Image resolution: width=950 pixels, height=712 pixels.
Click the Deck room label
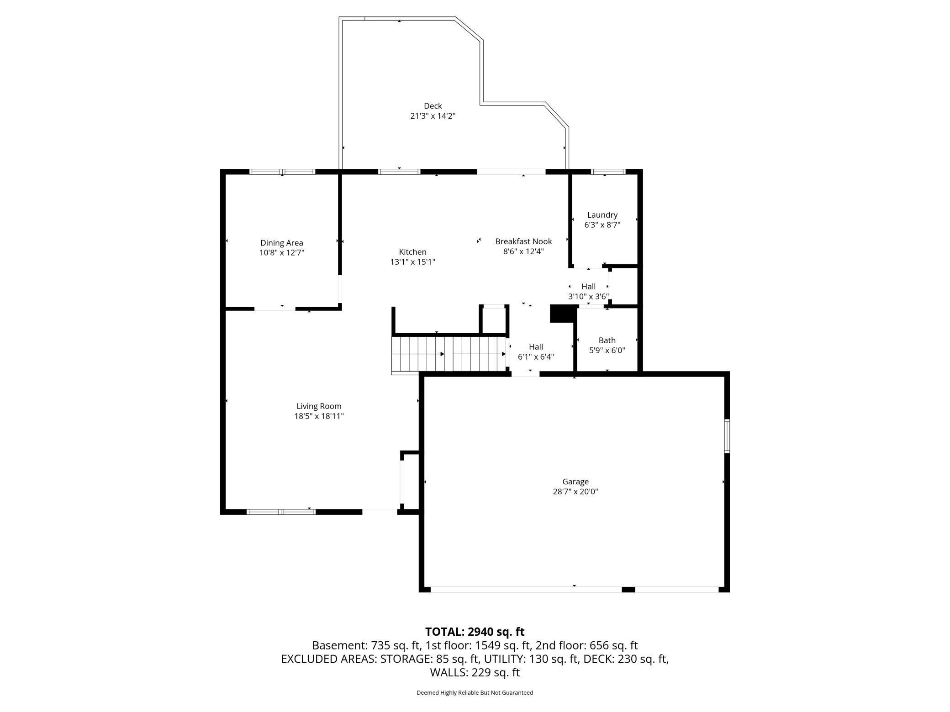pyautogui.click(x=433, y=106)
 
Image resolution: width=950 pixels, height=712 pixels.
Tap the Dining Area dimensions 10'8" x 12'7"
pyautogui.click(x=282, y=252)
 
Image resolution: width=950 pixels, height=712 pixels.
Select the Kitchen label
pyautogui.click(x=412, y=252)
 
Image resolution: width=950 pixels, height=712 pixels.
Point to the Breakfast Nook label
pyautogui.click(x=523, y=241)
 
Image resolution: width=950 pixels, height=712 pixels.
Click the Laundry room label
pyautogui.click(x=602, y=215)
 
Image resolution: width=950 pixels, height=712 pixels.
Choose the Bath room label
pyautogui.click(x=607, y=340)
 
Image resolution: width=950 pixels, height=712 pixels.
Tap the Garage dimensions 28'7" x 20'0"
pyautogui.click(x=575, y=492)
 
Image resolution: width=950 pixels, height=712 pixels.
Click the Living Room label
pyautogui.click(x=319, y=406)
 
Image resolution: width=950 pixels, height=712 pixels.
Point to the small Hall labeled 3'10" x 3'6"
pyautogui.click(x=588, y=287)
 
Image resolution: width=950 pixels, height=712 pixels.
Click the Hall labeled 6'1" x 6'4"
pyautogui.click(x=536, y=347)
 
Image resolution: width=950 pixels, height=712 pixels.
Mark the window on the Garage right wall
pyautogui.click(x=727, y=436)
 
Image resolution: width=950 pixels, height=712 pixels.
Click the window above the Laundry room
pyautogui.click(x=607, y=172)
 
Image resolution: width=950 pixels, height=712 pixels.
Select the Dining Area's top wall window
pyautogui.click(x=282, y=172)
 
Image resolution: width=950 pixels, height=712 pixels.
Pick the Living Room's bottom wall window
pyautogui.click(x=281, y=512)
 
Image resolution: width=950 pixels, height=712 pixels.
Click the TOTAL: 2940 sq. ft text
pyautogui.click(x=475, y=632)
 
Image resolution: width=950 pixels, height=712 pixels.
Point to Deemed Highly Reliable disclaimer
pyautogui.click(x=475, y=692)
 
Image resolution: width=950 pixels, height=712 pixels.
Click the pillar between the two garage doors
pyautogui.click(x=628, y=590)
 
